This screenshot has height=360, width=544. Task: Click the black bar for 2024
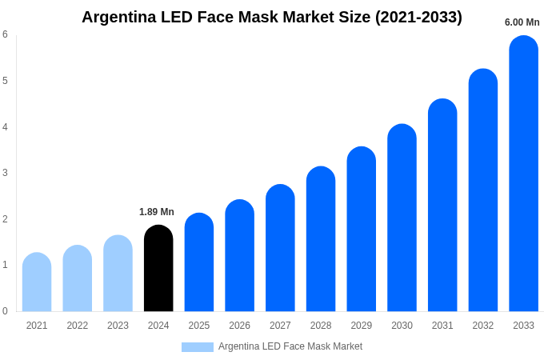pos(158,269)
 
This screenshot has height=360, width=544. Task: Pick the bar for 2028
pos(321,239)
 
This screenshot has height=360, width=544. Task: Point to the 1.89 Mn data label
pos(157,212)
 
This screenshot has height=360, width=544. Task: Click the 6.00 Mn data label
pos(522,22)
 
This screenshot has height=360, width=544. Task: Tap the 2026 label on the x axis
pos(239,326)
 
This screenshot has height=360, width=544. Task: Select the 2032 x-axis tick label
pos(482,326)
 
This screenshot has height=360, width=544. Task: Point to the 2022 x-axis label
pos(78,326)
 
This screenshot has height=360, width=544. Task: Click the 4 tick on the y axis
pos(5,126)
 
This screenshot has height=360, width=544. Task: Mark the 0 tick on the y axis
pos(5,311)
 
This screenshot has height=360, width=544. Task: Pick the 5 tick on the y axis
pos(5,81)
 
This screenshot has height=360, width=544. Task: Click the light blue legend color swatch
pos(198,347)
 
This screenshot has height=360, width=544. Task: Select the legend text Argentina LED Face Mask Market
pos(290,346)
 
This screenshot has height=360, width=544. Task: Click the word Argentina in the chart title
pos(120,17)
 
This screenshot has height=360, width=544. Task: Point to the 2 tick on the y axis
pos(5,219)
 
